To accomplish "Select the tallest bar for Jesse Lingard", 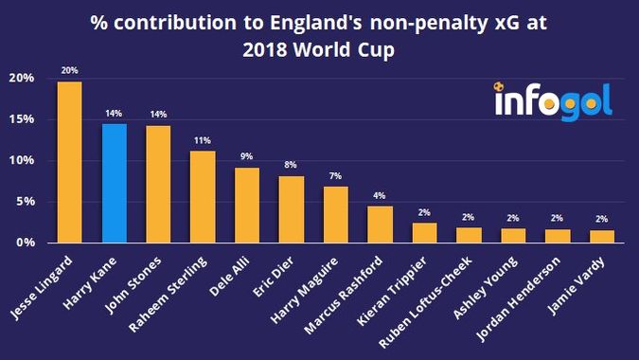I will pyautogui.click(x=69, y=162).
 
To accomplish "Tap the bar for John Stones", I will pyautogui.click(x=158, y=184).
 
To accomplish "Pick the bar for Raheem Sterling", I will pyautogui.click(x=203, y=196).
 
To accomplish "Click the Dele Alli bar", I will pyautogui.click(x=247, y=205).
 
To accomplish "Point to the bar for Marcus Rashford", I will pyautogui.click(x=380, y=225).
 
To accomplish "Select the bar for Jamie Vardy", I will pyautogui.click(x=602, y=236).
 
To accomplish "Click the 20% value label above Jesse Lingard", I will pyautogui.click(x=69, y=70).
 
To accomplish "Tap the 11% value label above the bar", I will pyautogui.click(x=203, y=139).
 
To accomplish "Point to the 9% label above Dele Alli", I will pyautogui.click(x=247, y=156).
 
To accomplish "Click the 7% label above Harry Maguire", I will pyautogui.click(x=336, y=175).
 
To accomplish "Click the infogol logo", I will pyautogui.click(x=552, y=99).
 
